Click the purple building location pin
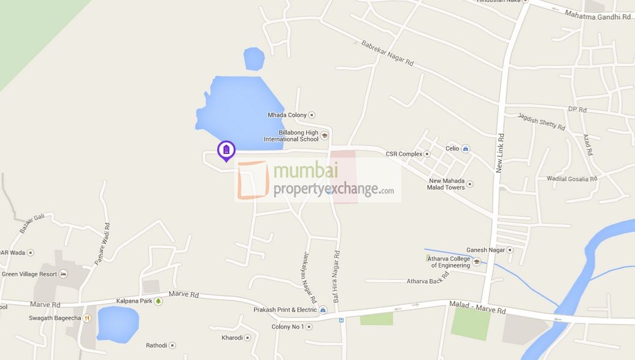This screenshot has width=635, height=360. point(226,150)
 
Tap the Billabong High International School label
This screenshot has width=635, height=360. point(291,136)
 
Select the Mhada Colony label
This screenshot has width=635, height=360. point(286,115)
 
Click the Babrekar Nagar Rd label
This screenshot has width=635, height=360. point(387,53)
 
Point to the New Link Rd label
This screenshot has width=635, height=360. point(500,153)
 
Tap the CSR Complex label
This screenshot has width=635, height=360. point(404,154)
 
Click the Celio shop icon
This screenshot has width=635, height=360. point(466,148)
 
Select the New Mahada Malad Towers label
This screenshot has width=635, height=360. point(447,184)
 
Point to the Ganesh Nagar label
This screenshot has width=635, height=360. point(485,250)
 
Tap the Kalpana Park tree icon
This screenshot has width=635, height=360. point(158,301)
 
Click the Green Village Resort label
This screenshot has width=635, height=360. point(29,274)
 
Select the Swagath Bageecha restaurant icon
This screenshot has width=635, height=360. point(87,318)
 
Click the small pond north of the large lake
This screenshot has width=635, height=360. point(254,59)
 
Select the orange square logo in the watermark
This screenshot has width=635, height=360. point(253,181)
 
